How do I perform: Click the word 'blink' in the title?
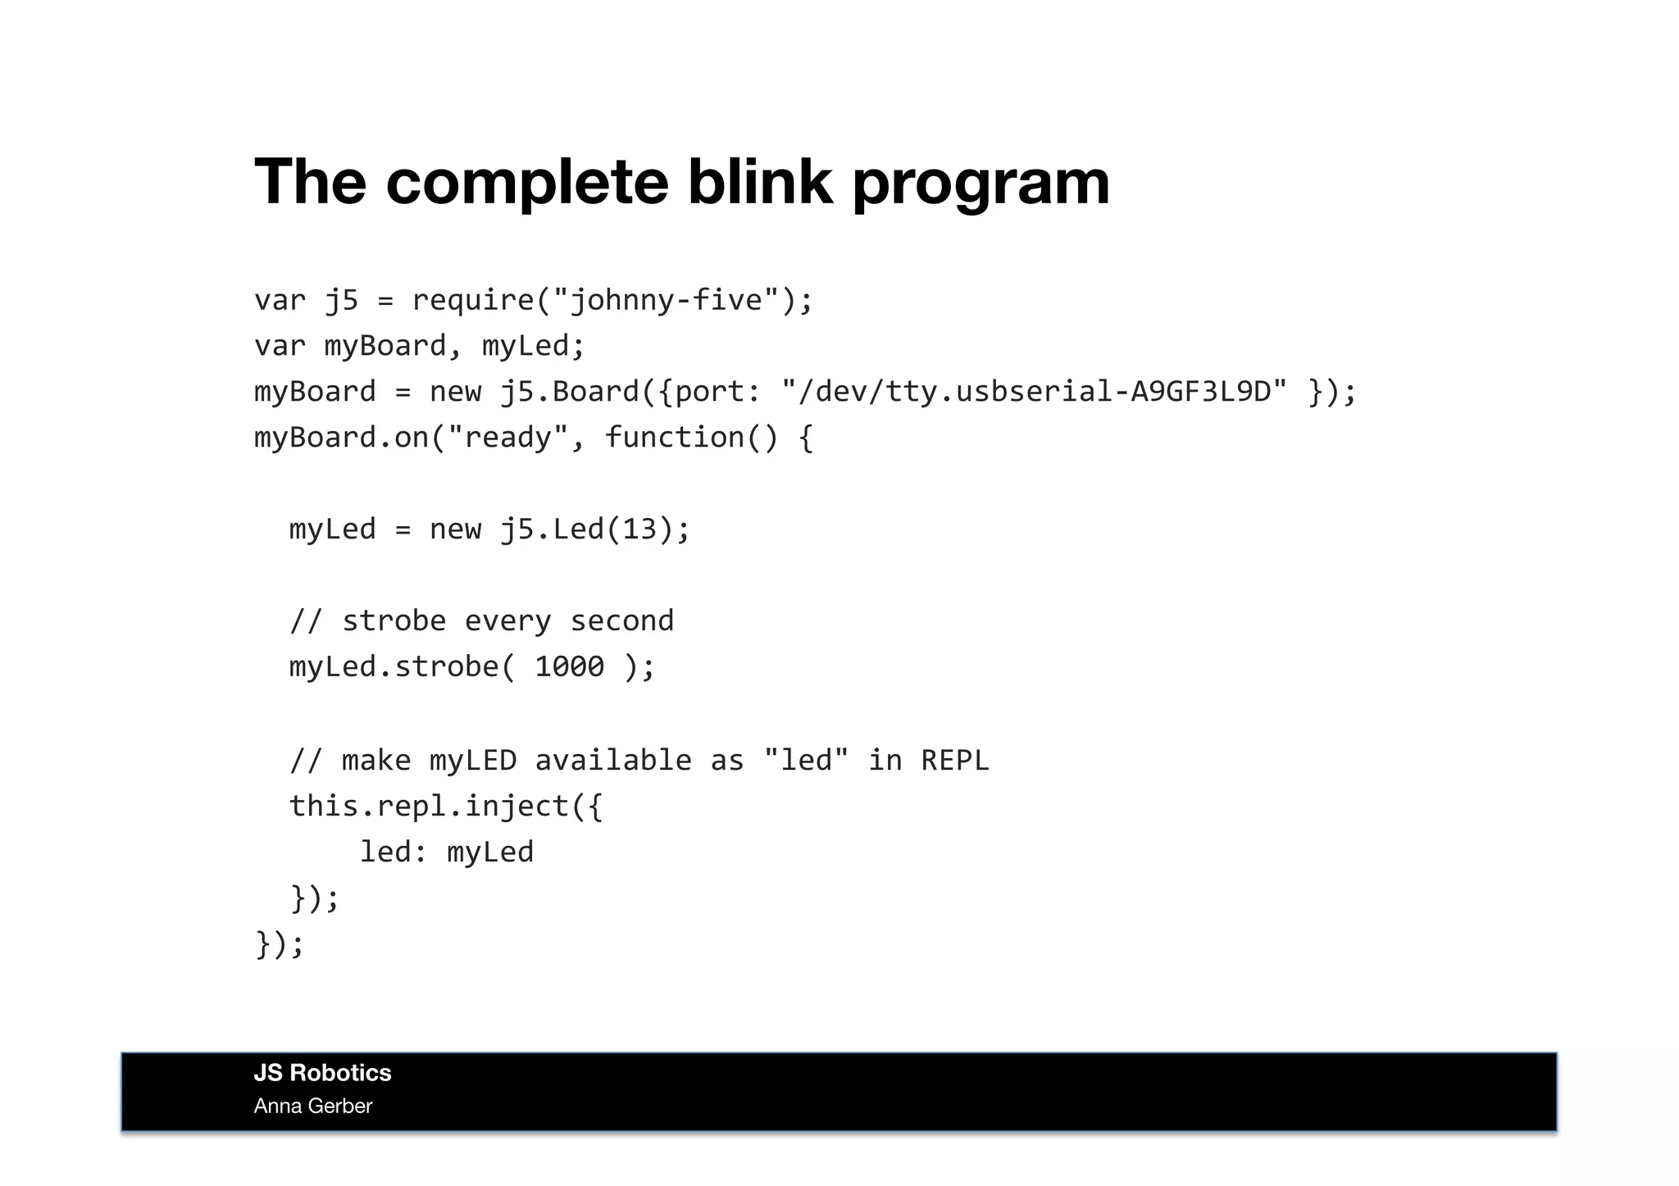pyautogui.click(x=759, y=181)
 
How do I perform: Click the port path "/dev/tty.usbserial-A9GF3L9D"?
pyautogui.click(x=1034, y=392)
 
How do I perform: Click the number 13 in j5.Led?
pyautogui.click(x=639, y=529)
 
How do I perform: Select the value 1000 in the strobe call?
pyautogui.click(x=569, y=666)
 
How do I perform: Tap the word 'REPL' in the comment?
pyautogui.click(x=955, y=761)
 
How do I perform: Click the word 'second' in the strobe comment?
pyautogui.click(x=621, y=621)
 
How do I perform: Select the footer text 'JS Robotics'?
pyautogui.click(x=322, y=1073)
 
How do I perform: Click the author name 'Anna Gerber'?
pyautogui.click(x=313, y=1106)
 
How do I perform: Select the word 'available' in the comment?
pyautogui.click(x=612, y=761)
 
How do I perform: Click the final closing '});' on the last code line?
pyautogui.click(x=280, y=944)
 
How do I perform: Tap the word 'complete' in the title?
pyautogui.click(x=527, y=183)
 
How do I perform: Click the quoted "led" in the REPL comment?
pyautogui.click(x=805, y=761)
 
